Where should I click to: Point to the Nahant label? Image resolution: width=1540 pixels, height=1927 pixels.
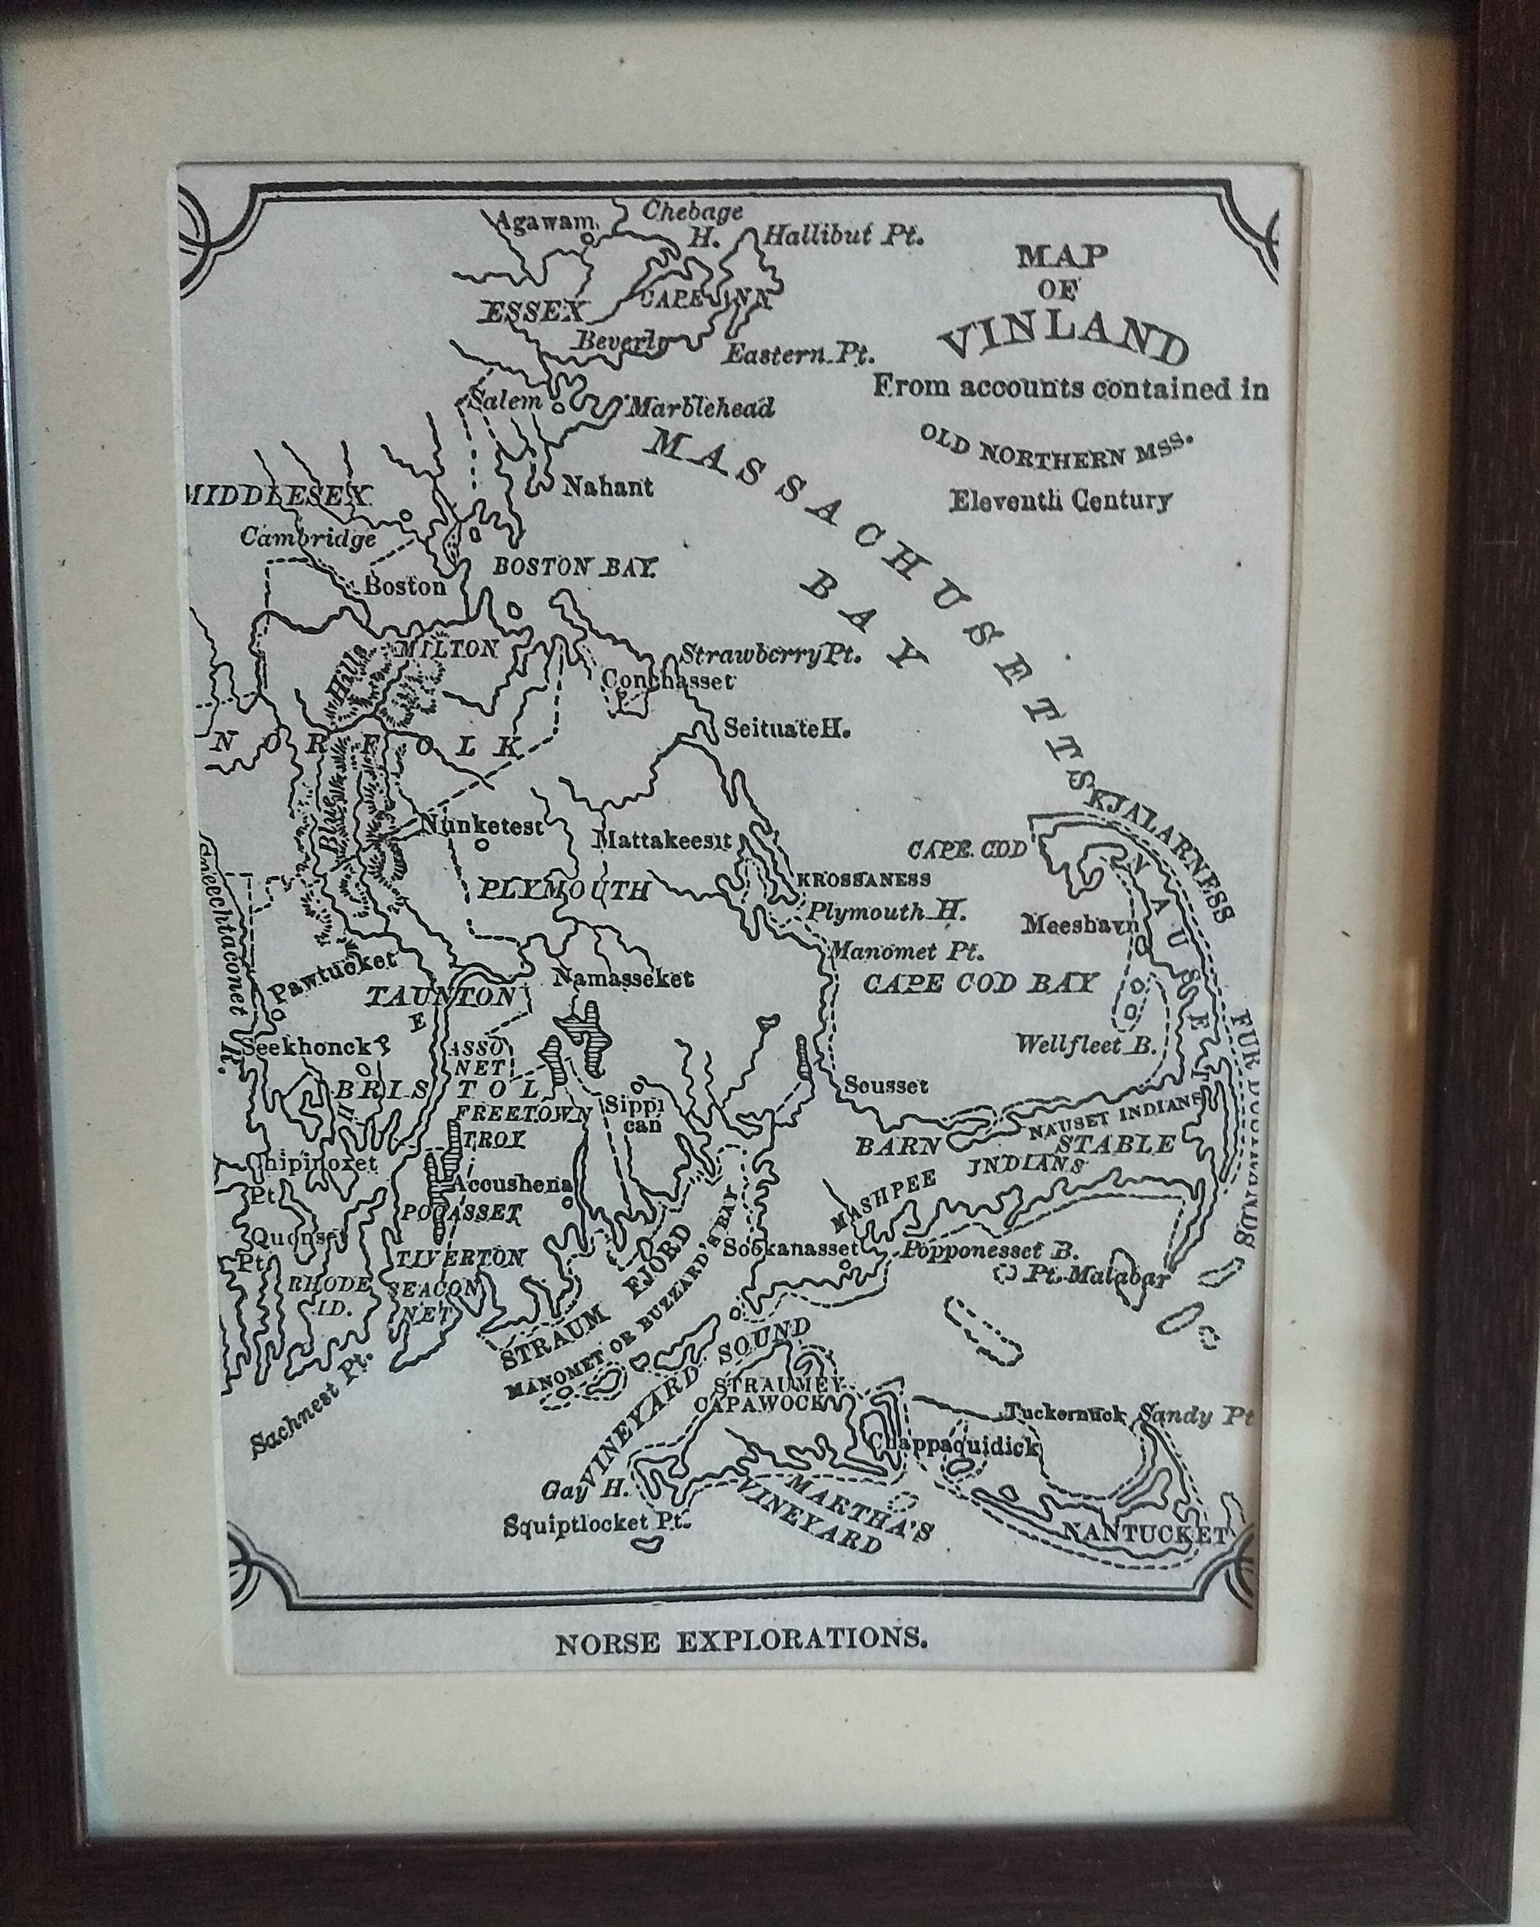pos(608,487)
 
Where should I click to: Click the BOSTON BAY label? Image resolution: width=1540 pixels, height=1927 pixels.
pos(576,567)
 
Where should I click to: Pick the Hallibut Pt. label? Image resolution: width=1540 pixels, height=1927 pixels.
pos(842,237)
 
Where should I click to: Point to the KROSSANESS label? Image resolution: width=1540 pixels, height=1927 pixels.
pos(863,879)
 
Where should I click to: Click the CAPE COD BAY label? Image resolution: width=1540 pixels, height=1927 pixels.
pos(978,983)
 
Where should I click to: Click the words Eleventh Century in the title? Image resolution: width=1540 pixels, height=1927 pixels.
pos(1059,500)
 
